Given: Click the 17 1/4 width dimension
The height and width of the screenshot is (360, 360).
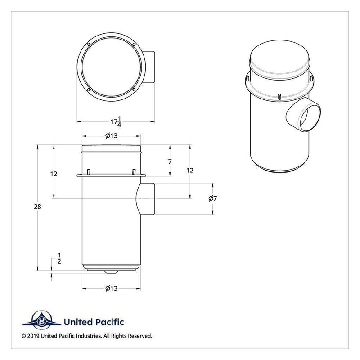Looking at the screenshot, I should [116, 121].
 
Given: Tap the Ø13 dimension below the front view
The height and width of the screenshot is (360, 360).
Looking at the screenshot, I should [111, 288].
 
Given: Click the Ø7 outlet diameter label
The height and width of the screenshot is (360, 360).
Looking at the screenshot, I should [213, 198].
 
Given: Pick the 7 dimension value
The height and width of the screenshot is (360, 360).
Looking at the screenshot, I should [170, 161].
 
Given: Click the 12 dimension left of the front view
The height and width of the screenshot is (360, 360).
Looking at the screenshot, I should [54, 174].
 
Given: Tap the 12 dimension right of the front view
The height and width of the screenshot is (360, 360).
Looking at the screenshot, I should [190, 170].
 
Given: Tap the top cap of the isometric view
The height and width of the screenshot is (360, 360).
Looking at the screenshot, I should [279, 57].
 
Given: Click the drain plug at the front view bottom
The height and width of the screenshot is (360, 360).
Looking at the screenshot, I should [111, 272].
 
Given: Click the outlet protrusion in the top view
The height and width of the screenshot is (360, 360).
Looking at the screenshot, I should [150, 67].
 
